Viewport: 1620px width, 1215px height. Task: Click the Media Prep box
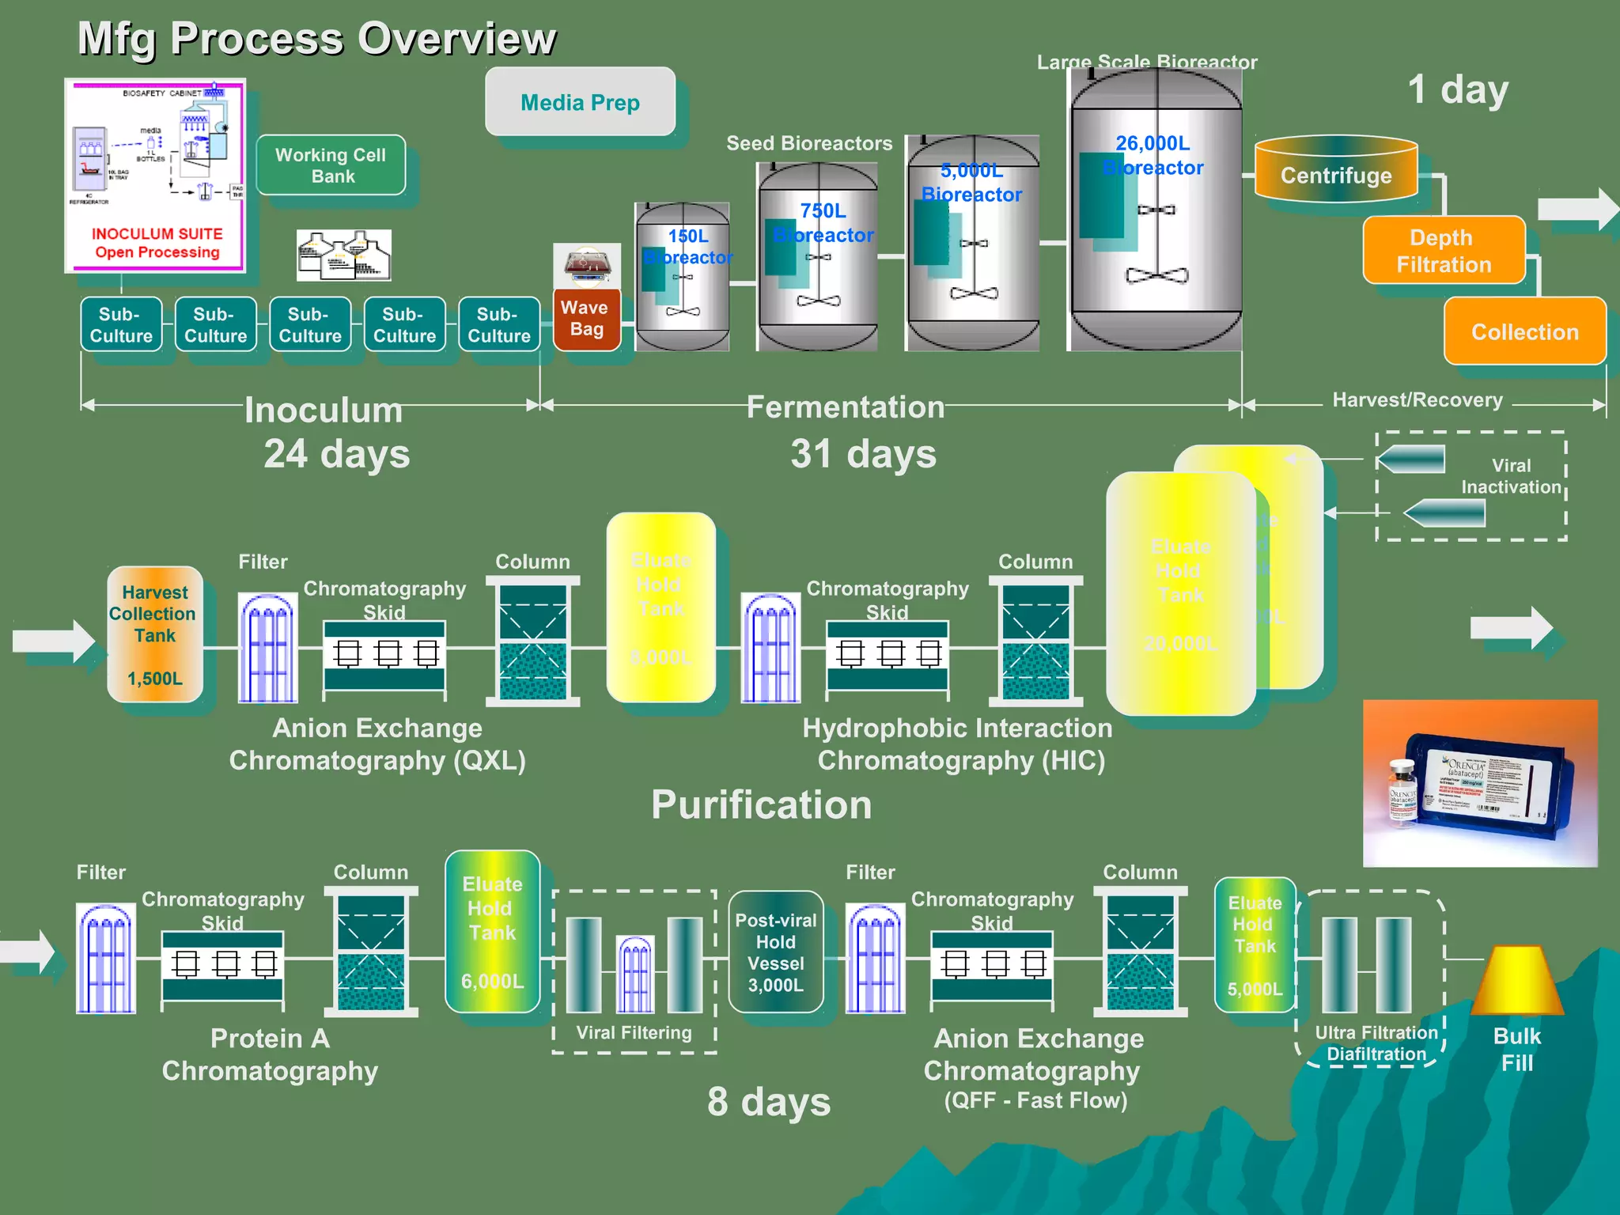coord(580,101)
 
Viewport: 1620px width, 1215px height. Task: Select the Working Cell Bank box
coord(331,165)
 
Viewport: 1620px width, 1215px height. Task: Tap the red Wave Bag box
coord(586,319)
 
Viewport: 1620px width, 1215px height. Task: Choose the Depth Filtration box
coord(1444,251)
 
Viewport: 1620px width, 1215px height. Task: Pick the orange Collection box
coord(1524,331)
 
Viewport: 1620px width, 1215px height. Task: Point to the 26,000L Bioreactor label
coord(1153,155)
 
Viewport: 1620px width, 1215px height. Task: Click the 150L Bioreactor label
coord(687,246)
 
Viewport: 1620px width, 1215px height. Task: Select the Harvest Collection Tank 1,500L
coord(155,634)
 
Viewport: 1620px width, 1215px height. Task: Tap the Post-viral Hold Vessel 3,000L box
coord(775,952)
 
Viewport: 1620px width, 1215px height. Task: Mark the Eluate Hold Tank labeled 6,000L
coord(492,932)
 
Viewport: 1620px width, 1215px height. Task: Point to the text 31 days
coord(863,454)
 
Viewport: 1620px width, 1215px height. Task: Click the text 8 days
coord(769,1101)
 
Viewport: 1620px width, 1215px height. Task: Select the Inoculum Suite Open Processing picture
coord(156,176)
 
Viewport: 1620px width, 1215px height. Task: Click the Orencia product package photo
coord(1480,783)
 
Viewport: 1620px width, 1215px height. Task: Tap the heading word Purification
coord(761,804)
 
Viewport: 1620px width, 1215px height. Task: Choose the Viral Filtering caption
coord(634,1032)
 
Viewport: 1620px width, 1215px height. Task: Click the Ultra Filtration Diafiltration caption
coord(1376,1043)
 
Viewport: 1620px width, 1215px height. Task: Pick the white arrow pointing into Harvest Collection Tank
coord(53,640)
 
